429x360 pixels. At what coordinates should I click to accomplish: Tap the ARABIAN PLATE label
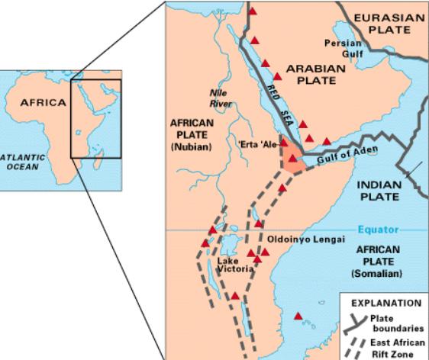click(x=315, y=75)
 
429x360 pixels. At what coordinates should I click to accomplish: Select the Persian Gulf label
click(x=343, y=49)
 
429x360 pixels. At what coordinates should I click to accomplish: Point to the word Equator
click(x=377, y=230)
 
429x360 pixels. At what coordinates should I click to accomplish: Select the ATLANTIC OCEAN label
click(x=21, y=162)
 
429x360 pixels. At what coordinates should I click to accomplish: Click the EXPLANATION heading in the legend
click(x=385, y=303)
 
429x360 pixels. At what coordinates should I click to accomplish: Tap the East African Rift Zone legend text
click(x=397, y=349)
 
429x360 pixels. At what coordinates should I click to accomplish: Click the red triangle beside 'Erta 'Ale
click(x=284, y=143)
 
